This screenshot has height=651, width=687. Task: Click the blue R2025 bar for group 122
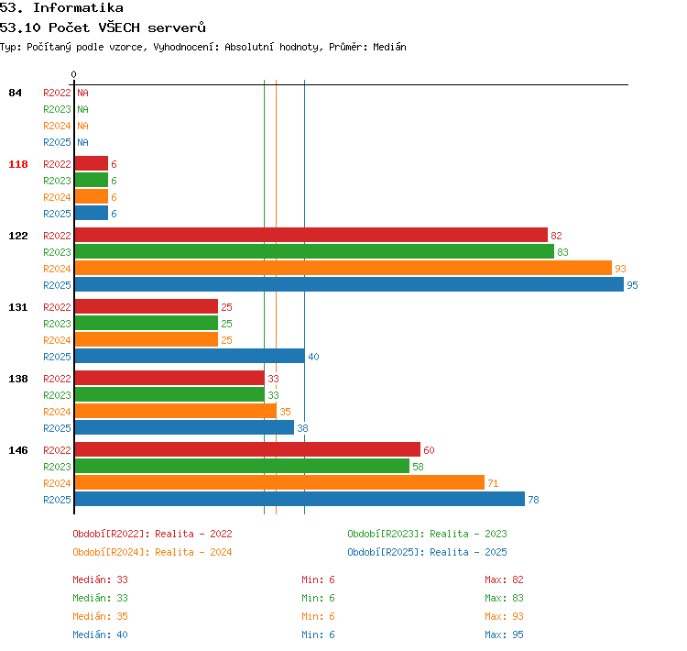click(x=349, y=285)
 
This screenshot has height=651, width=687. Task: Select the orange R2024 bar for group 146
click(x=279, y=482)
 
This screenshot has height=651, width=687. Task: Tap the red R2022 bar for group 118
click(x=91, y=163)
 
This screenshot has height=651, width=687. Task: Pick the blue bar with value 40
click(x=190, y=356)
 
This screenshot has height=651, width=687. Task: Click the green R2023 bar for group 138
click(x=169, y=395)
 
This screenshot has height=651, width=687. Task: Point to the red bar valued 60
click(x=247, y=449)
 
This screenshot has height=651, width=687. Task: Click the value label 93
click(x=620, y=269)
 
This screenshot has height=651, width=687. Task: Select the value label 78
click(x=533, y=500)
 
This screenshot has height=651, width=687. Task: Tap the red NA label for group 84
click(x=82, y=93)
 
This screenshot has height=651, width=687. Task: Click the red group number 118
click(x=18, y=164)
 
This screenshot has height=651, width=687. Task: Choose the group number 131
click(x=18, y=307)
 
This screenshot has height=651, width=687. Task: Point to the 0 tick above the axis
click(x=73, y=74)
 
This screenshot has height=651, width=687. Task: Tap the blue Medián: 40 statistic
click(x=101, y=634)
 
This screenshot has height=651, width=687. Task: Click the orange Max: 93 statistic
click(x=504, y=616)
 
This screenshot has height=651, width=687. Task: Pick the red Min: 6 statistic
click(x=318, y=579)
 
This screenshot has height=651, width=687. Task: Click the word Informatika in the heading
click(x=78, y=7)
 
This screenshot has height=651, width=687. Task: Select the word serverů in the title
click(x=177, y=28)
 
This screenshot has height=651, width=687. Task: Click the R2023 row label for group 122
click(x=57, y=252)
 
